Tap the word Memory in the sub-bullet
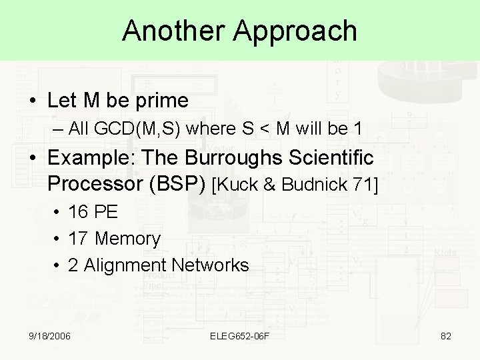coord(128,239)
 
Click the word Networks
coord(210,265)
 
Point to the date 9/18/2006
coord(49,336)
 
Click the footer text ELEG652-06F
coord(239,336)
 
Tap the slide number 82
coord(446,336)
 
